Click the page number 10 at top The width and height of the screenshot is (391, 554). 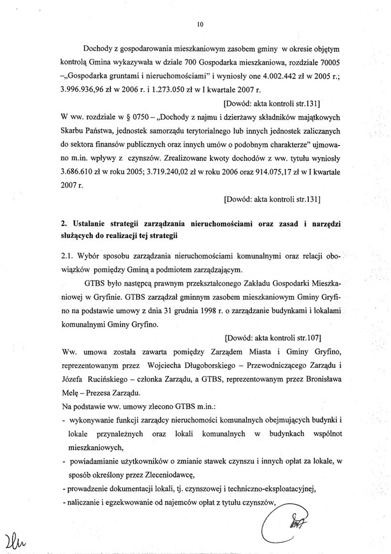[x=200, y=24]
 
